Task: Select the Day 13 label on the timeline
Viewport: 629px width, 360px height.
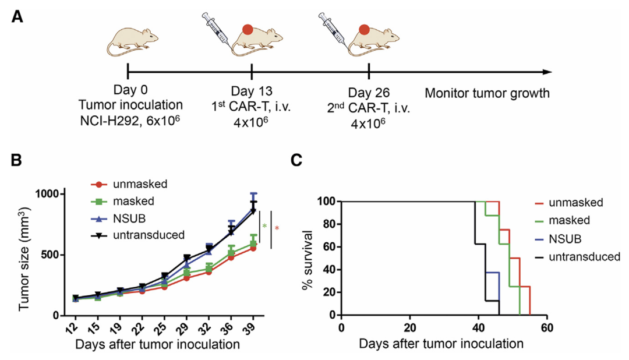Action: pos(251,91)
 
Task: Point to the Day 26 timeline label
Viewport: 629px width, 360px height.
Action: pos(369,93)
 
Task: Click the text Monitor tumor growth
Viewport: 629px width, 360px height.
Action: pos(487,93)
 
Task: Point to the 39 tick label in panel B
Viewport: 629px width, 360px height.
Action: pos(251,328)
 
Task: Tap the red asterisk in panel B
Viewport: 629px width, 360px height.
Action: pos(277,228)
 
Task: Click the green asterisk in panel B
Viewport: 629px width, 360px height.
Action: pos(265,226)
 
